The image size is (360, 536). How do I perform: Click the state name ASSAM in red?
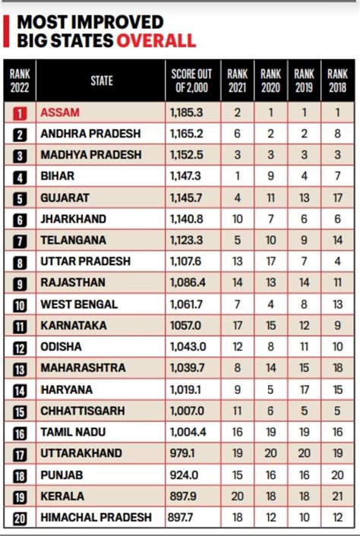coord(61,112)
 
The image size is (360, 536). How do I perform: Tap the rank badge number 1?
coord(21,113)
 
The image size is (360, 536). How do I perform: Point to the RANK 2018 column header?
coord(337,81)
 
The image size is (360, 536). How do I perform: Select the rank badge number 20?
coord(21,518)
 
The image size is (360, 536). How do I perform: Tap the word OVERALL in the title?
coord(156,40)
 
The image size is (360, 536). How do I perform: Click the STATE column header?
coord(101,81)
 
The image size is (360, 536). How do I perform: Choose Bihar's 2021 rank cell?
coord(237,176)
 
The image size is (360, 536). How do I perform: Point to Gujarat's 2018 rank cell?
coord(337,197)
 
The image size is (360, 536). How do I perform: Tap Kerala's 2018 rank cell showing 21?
coord(337,496)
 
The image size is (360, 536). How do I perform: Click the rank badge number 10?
coord(21,304)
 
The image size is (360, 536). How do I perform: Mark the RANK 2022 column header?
coord(20,81)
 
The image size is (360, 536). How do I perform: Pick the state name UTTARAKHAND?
coord(81,453)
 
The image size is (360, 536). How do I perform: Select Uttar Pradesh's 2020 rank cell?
coord(271,261)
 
